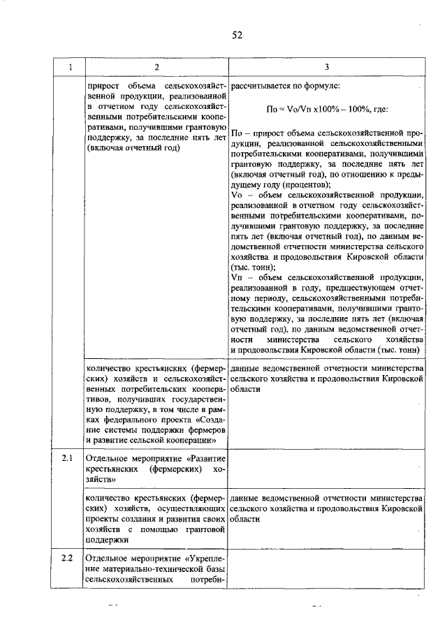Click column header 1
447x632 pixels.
(69, 66)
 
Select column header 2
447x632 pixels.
(156, 66)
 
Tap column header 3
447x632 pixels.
(326, 66)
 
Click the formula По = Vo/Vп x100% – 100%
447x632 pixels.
(327, 110)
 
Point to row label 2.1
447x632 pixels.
(68, 459)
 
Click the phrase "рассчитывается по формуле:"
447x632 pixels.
(284, 86)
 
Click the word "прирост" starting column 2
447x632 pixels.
(102, 86)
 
